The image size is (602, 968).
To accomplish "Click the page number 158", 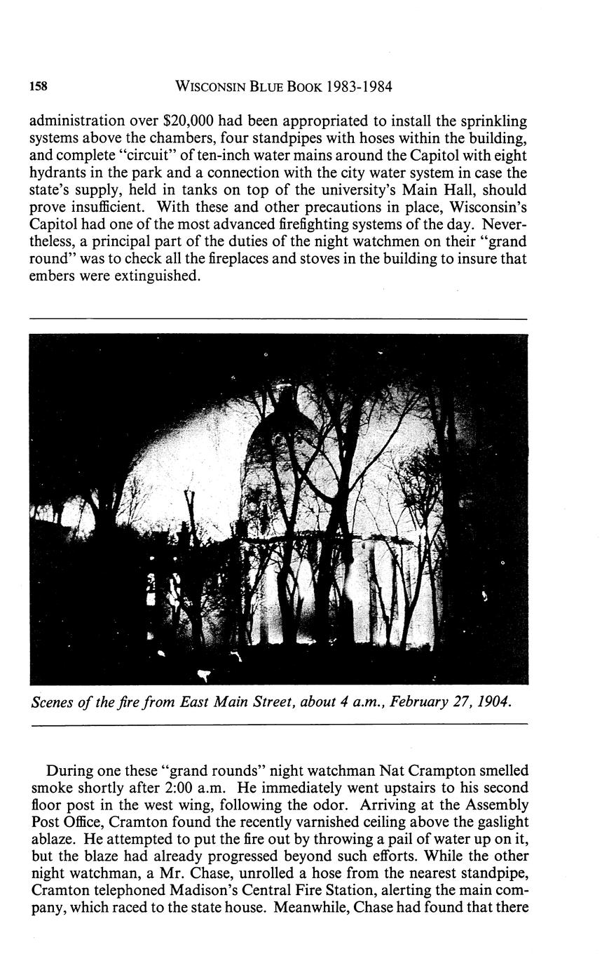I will (38, 87).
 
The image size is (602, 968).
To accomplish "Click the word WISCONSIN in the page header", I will (214, 87).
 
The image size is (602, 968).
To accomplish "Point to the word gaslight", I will (499, 822).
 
